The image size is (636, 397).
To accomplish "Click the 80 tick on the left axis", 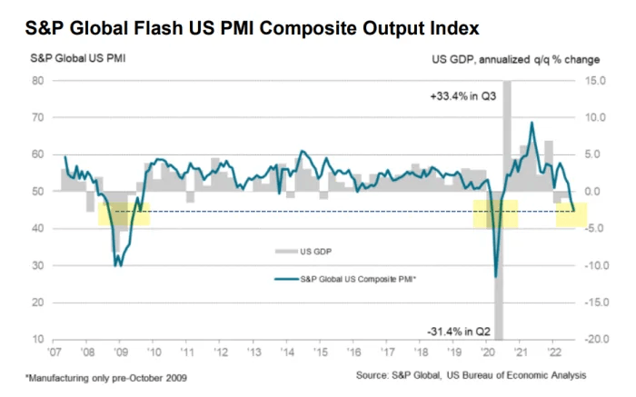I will point(39,80).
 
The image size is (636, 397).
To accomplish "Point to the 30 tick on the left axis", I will point(39,265).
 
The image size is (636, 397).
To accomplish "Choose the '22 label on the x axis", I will point(551,352).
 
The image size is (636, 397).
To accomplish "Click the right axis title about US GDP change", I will point(517,60).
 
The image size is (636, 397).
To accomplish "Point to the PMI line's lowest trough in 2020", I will point(495,276).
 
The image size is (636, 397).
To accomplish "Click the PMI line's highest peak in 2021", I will point(532,123).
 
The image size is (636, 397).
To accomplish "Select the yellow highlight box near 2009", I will point(124,214).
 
